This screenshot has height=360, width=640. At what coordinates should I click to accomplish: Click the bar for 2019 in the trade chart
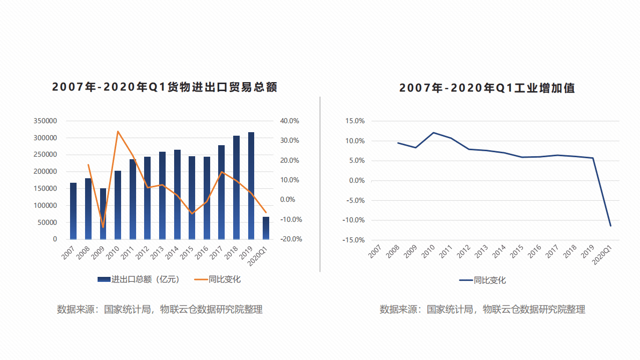[x=251, y=186]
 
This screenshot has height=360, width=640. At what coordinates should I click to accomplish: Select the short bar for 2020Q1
[x=266, y=228]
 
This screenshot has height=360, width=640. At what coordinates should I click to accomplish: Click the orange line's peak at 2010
[x=118, y=132]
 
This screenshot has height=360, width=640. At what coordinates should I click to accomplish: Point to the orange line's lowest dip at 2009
[x=103, y=227]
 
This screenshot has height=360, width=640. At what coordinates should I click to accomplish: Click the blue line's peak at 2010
[x=433, y=133]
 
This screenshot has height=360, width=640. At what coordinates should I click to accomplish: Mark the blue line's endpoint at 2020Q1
[x=610, y=226]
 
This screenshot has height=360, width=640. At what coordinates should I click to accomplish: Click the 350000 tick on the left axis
[x=45, y=121]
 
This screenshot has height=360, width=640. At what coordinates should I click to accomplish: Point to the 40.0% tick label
[x=289, y=121]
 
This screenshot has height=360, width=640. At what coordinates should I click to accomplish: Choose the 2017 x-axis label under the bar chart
[x=216, y=250]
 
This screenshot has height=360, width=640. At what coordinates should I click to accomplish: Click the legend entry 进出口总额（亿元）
[x=139, y=279]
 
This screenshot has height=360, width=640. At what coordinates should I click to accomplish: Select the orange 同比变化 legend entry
[x=218, y=279]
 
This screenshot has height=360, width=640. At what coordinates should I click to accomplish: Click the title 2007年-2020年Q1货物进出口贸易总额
[x=165, y=87]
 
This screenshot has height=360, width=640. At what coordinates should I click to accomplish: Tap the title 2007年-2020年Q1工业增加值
[x=487, y=88]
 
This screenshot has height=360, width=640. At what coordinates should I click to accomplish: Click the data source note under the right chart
[x=482, y=309]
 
